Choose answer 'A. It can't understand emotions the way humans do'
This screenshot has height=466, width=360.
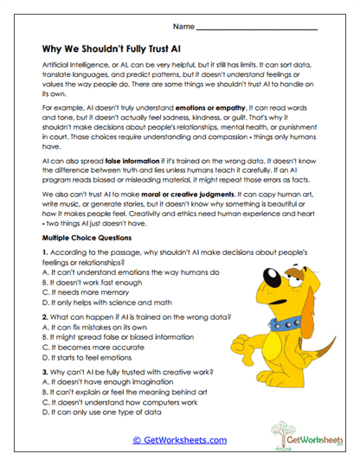130,271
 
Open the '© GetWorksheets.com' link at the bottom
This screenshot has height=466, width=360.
180,440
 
